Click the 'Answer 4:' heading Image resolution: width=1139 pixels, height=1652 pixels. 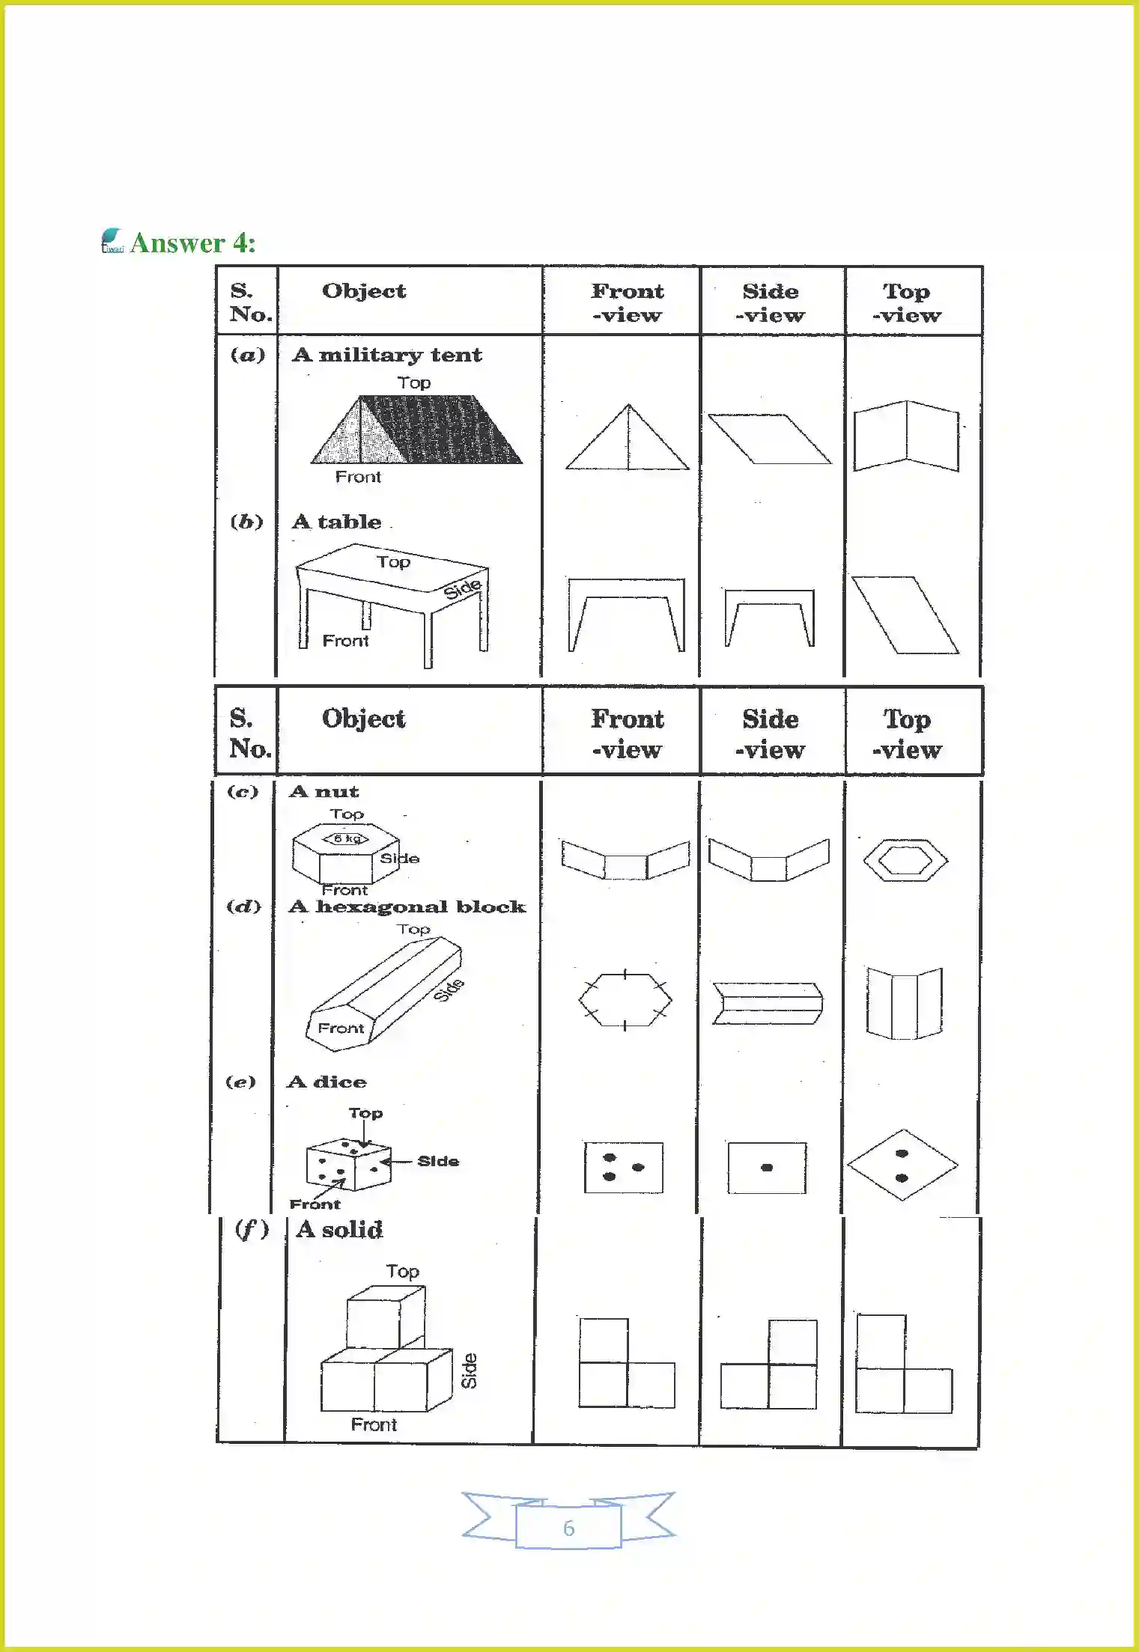tap(192, 243)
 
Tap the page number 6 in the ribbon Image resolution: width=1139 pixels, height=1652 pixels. tap(568, 1528)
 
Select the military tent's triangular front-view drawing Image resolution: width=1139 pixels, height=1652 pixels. tap(628, 442)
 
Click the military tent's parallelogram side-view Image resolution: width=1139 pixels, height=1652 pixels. tap(769, 439)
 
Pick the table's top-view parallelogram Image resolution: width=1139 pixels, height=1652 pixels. tap(905, 615)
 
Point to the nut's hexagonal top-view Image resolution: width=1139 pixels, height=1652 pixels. tap(905, 860)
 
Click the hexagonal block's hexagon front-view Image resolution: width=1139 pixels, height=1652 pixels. tap(625, 1000)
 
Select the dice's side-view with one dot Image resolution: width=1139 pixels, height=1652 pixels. tap(767, 1167)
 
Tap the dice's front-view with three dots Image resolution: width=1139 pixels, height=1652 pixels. tap(624, 1167)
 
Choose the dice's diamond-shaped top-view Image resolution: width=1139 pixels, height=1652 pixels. tap(902, 1165)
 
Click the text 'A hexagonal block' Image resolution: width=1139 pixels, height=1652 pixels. tap(407, 907)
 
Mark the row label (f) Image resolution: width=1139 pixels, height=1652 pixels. tap(252, 1228)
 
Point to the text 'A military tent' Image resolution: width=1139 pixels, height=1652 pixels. tap(387, 355)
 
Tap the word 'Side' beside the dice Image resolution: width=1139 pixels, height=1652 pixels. tap(438, 1161)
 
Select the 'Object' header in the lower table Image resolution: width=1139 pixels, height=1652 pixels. tap(363, 719)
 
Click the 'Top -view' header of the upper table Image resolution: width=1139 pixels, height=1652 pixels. tap(906, 302)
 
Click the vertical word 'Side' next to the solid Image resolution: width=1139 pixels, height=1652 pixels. tap(469, 1371)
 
